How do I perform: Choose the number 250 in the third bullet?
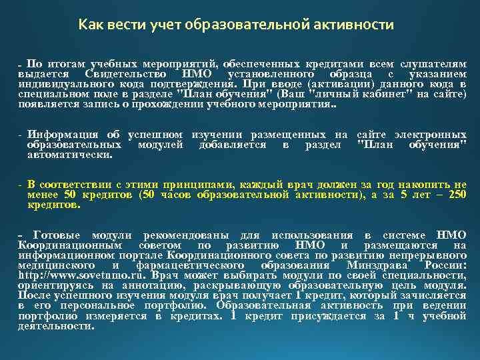[457, 195]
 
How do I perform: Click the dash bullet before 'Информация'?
[21, 135]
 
